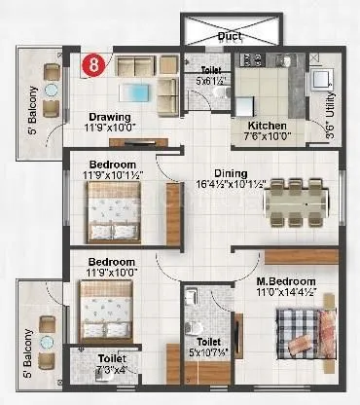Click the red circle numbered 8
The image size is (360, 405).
click(92, 64)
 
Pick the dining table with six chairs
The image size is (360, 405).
click(294, 201)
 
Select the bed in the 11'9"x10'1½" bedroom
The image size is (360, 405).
click(109, 212)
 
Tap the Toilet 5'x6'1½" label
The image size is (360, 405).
click(211, 76)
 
